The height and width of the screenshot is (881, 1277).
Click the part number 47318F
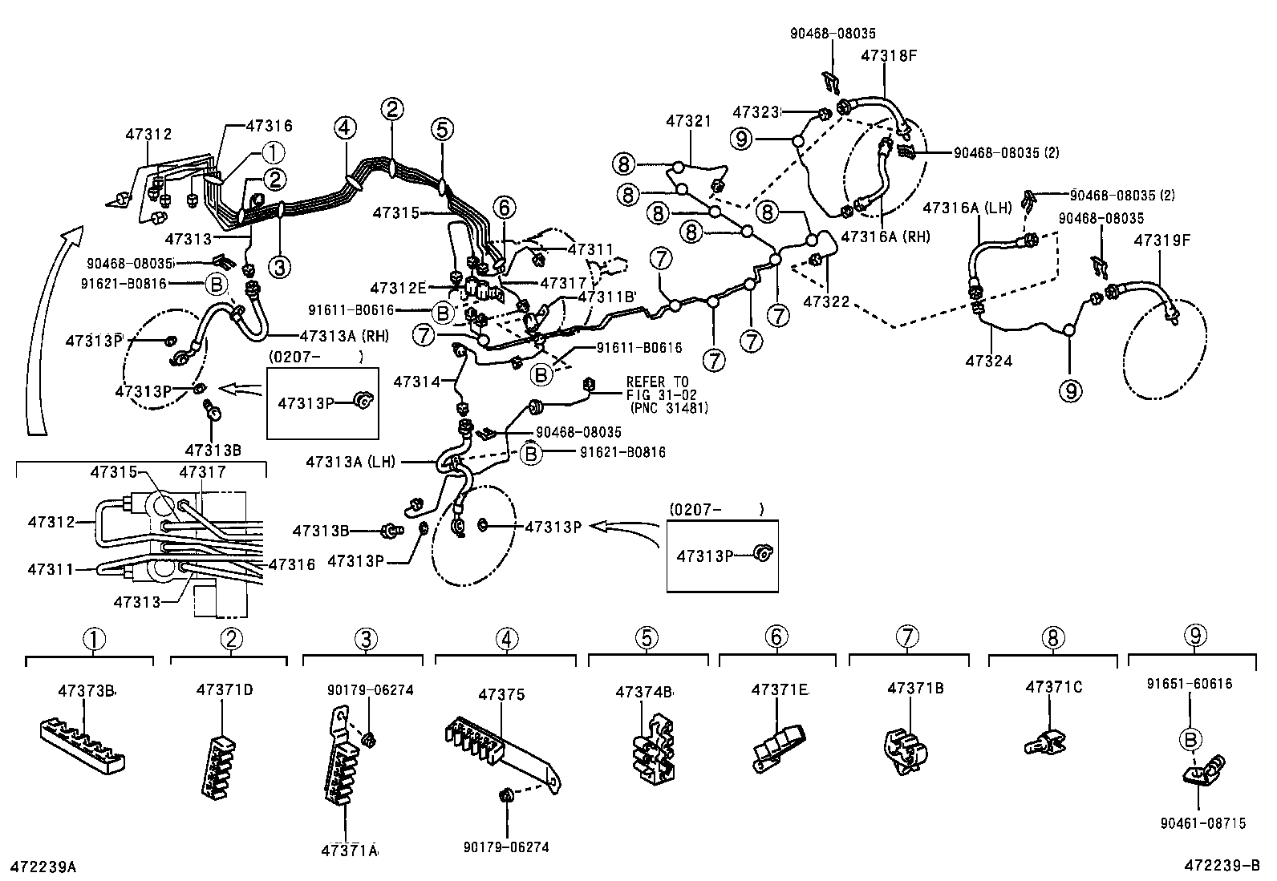889,56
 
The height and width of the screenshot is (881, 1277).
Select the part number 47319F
1161,239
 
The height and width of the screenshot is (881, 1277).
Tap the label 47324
989,361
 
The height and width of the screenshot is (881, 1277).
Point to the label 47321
688,121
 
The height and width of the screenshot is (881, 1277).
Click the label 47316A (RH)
886,237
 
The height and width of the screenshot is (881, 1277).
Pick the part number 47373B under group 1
87,690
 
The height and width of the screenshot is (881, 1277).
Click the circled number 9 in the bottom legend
1194,637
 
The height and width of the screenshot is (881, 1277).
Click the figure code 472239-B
1222,866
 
